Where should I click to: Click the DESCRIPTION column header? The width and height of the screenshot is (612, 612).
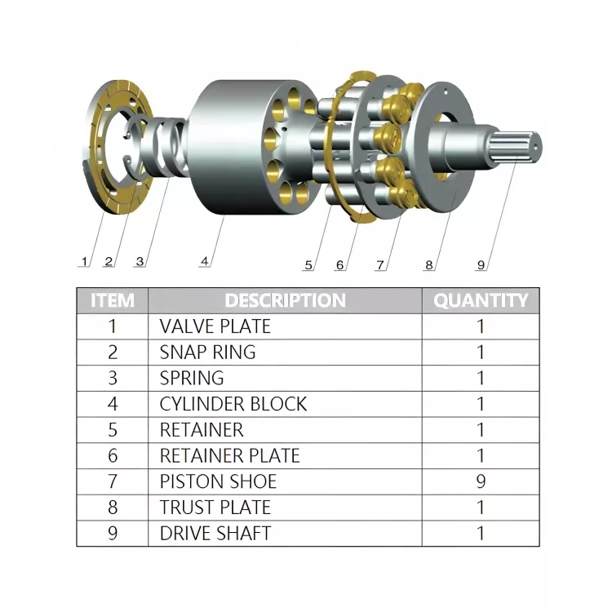click(285, 300)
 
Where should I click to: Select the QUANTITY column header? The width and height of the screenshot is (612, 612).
click(481, 300)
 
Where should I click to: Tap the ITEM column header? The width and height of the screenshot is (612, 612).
click(113, 300)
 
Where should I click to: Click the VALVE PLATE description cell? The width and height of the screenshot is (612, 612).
click(215, 326)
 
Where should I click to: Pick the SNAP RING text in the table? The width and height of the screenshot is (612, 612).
click(207, 353)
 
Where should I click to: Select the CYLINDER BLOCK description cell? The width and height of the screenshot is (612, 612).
click(233, 404)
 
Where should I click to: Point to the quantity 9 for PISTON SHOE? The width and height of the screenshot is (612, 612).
click(481, 481)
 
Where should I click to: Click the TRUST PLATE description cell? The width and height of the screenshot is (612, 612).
click(215, 508)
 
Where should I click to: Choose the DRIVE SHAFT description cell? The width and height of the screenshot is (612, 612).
click(215, 534)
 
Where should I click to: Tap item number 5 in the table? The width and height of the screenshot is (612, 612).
click(113, 430)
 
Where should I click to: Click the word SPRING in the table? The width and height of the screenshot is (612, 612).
click(192, 378)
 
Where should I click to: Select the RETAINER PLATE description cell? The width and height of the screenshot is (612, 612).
click(229, 455)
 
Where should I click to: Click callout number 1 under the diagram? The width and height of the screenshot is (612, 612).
click(84, 262)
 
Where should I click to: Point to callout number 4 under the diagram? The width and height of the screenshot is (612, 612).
click(204, 261)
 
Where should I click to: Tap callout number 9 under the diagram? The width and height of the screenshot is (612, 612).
click(481, 264)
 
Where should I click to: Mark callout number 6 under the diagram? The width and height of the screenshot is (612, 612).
click(340, 264)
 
